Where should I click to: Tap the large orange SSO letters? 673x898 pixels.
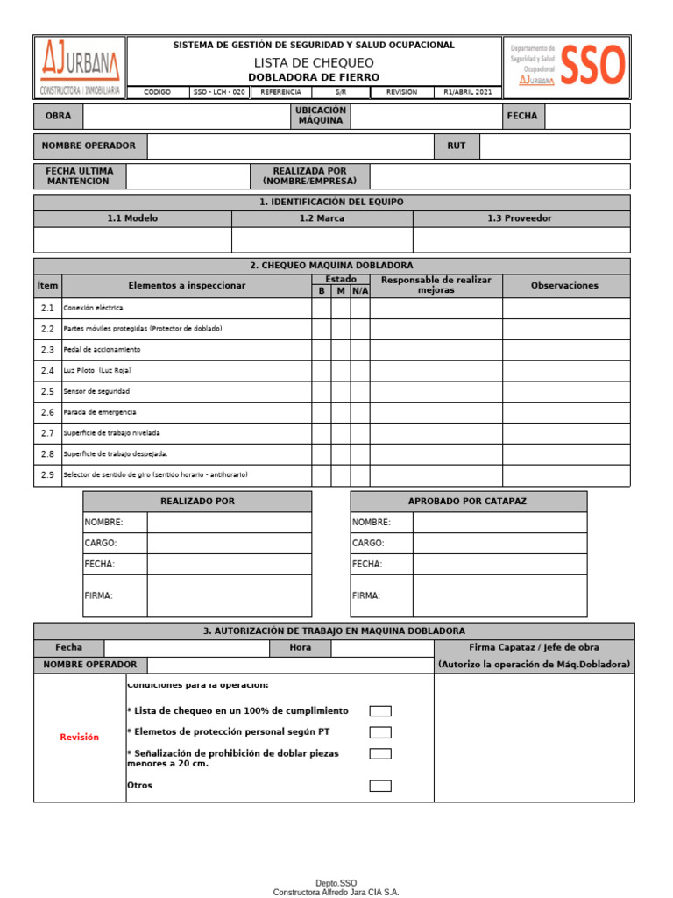(x=593, y=65)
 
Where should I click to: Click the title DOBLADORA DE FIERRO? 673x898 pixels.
(x=314, y=77)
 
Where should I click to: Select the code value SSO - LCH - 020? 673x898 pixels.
(x=219, y=92)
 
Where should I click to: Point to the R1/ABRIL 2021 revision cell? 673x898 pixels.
(x=468, y=92)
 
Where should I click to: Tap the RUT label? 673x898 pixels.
(x=457, y=146)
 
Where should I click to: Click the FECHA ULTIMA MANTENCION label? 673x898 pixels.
(x=80, y=176)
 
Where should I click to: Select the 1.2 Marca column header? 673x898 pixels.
(x=322, y=218)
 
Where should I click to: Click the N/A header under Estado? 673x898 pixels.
(x=360, y=290)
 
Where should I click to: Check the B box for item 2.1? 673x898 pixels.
(x=321, y=309)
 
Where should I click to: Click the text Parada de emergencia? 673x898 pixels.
(x=100, y=412)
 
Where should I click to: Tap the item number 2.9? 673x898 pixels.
(x=47, y=474)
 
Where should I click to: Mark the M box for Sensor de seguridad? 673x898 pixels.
(x=341, y=391)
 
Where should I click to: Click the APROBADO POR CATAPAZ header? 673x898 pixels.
(x=468, y=502)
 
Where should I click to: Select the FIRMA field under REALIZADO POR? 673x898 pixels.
(x=229, y=595)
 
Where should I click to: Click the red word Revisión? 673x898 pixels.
(x=80, y=738)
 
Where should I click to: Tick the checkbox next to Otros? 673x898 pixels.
(x=380, y=786)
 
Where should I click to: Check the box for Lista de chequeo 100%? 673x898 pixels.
(x=380, y=711)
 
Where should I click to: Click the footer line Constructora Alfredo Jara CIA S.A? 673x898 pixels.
(x=336, y=892)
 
